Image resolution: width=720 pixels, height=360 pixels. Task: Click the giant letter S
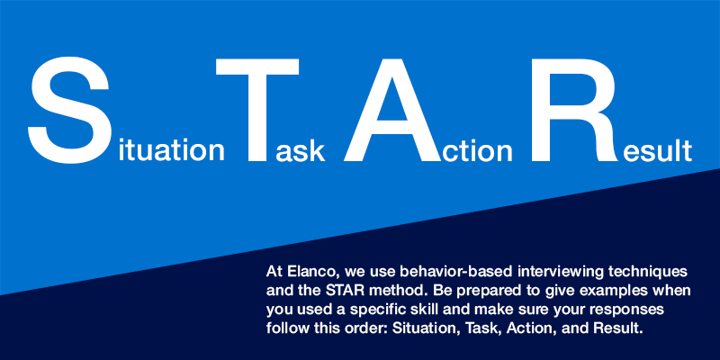point(70,110)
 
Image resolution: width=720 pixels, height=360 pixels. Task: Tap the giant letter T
point(257,110)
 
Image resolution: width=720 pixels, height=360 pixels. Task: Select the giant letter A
point(392,110)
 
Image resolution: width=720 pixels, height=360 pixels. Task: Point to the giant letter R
point(575,110)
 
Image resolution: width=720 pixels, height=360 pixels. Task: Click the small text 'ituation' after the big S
point(171,150)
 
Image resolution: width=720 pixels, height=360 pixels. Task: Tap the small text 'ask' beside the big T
point(301,150)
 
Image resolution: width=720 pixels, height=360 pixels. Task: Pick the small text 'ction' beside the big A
point(477,150)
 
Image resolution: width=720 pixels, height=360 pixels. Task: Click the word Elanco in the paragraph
point(312,272)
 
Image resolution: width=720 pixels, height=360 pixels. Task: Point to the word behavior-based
point(456,272)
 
